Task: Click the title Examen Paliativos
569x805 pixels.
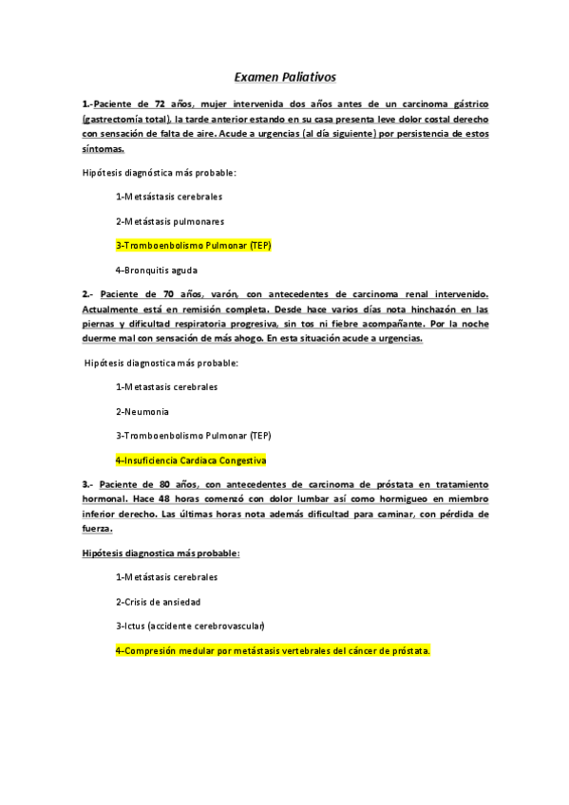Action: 285,76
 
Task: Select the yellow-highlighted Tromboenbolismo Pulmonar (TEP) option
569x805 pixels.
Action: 193,245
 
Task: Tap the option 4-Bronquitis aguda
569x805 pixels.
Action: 157,270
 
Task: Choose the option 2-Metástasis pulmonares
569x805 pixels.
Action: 170,221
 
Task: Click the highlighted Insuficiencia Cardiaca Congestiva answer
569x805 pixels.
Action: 190,459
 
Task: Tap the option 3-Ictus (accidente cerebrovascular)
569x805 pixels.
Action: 190,626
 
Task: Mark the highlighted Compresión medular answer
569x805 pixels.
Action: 273,651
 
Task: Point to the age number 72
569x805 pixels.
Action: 164,103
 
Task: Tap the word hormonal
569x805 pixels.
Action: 105,498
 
